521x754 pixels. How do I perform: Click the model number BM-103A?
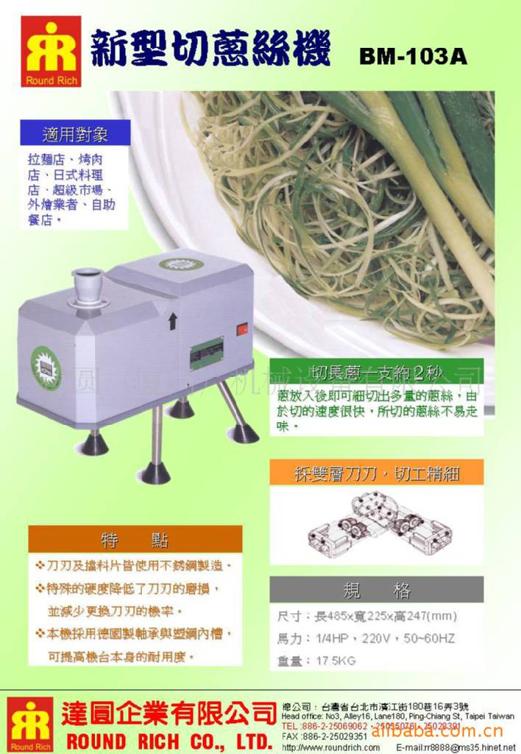tap(413, 56)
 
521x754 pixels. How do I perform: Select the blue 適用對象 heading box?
tap(75, 134)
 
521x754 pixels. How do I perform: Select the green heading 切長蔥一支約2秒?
tap(377, 372)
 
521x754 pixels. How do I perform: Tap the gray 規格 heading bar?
tap(377, 590)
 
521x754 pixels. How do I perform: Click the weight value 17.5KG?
tap(336, 661)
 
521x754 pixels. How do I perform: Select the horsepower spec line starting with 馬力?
tap(366, 638)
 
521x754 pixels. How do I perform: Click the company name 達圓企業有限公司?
tap(170, 713)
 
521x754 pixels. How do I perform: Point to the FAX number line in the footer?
tap(325, 736)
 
